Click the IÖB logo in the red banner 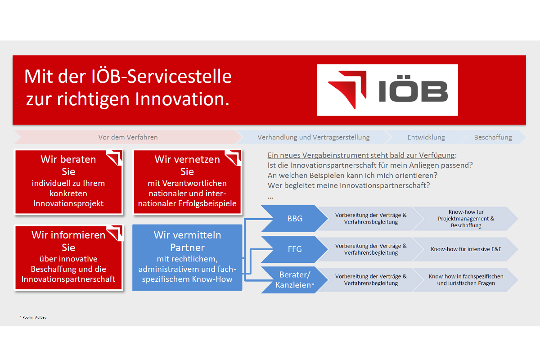tap(387, 90)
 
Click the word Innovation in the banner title tap(182, 99)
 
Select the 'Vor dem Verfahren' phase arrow tap(128, 137)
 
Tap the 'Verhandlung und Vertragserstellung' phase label tap(313, 137)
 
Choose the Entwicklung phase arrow tap(426, 137)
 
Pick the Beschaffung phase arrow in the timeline tap(493, 137)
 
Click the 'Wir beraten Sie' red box tap(68, 182)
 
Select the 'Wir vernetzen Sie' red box tap(187, 182)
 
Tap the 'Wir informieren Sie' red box tap(68, 257)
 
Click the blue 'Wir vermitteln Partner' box tap(187, 257)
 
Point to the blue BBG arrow tap(295, 218)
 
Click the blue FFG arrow tap(295, 249)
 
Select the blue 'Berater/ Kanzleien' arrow tap(295, 280)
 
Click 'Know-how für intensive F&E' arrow tap(466, 249)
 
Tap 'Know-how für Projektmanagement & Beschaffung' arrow tap(466, 218)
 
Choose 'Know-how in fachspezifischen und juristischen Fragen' tap(466, 280)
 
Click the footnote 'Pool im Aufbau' tap(33, 317)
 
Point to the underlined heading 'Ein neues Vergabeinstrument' tap(362, 155)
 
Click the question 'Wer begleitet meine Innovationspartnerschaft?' tap(349, 185)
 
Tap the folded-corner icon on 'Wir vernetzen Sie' tap(233, 157)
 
